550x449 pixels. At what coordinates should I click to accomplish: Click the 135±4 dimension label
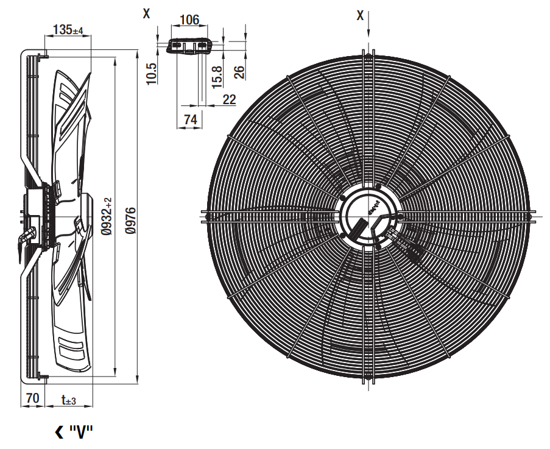pyautogui.click(x=68, y=29)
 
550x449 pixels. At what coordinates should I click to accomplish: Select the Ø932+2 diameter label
pyautogui.click(x=107, y=216)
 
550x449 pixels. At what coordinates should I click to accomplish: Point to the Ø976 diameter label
pyautogui.click(x=130, y=221)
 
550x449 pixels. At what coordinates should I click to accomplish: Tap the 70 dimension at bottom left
pyautogui.click(x=32, y=398)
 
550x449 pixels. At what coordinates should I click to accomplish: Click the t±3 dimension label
pyautogui.click(x=69, y=399)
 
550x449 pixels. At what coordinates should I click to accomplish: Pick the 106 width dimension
pyautogui.click(x=189, y=19)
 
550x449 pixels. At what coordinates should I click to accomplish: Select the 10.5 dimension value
pyautogui.click(x=151, y=74)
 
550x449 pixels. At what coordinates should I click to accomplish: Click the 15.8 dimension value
pyautogui.click(x=217, y=77)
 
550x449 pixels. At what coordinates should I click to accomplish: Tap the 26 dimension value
pyautogui.click(x=239, y=72)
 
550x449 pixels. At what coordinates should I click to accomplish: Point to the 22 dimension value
pyautogui.click(x=229, y=99)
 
